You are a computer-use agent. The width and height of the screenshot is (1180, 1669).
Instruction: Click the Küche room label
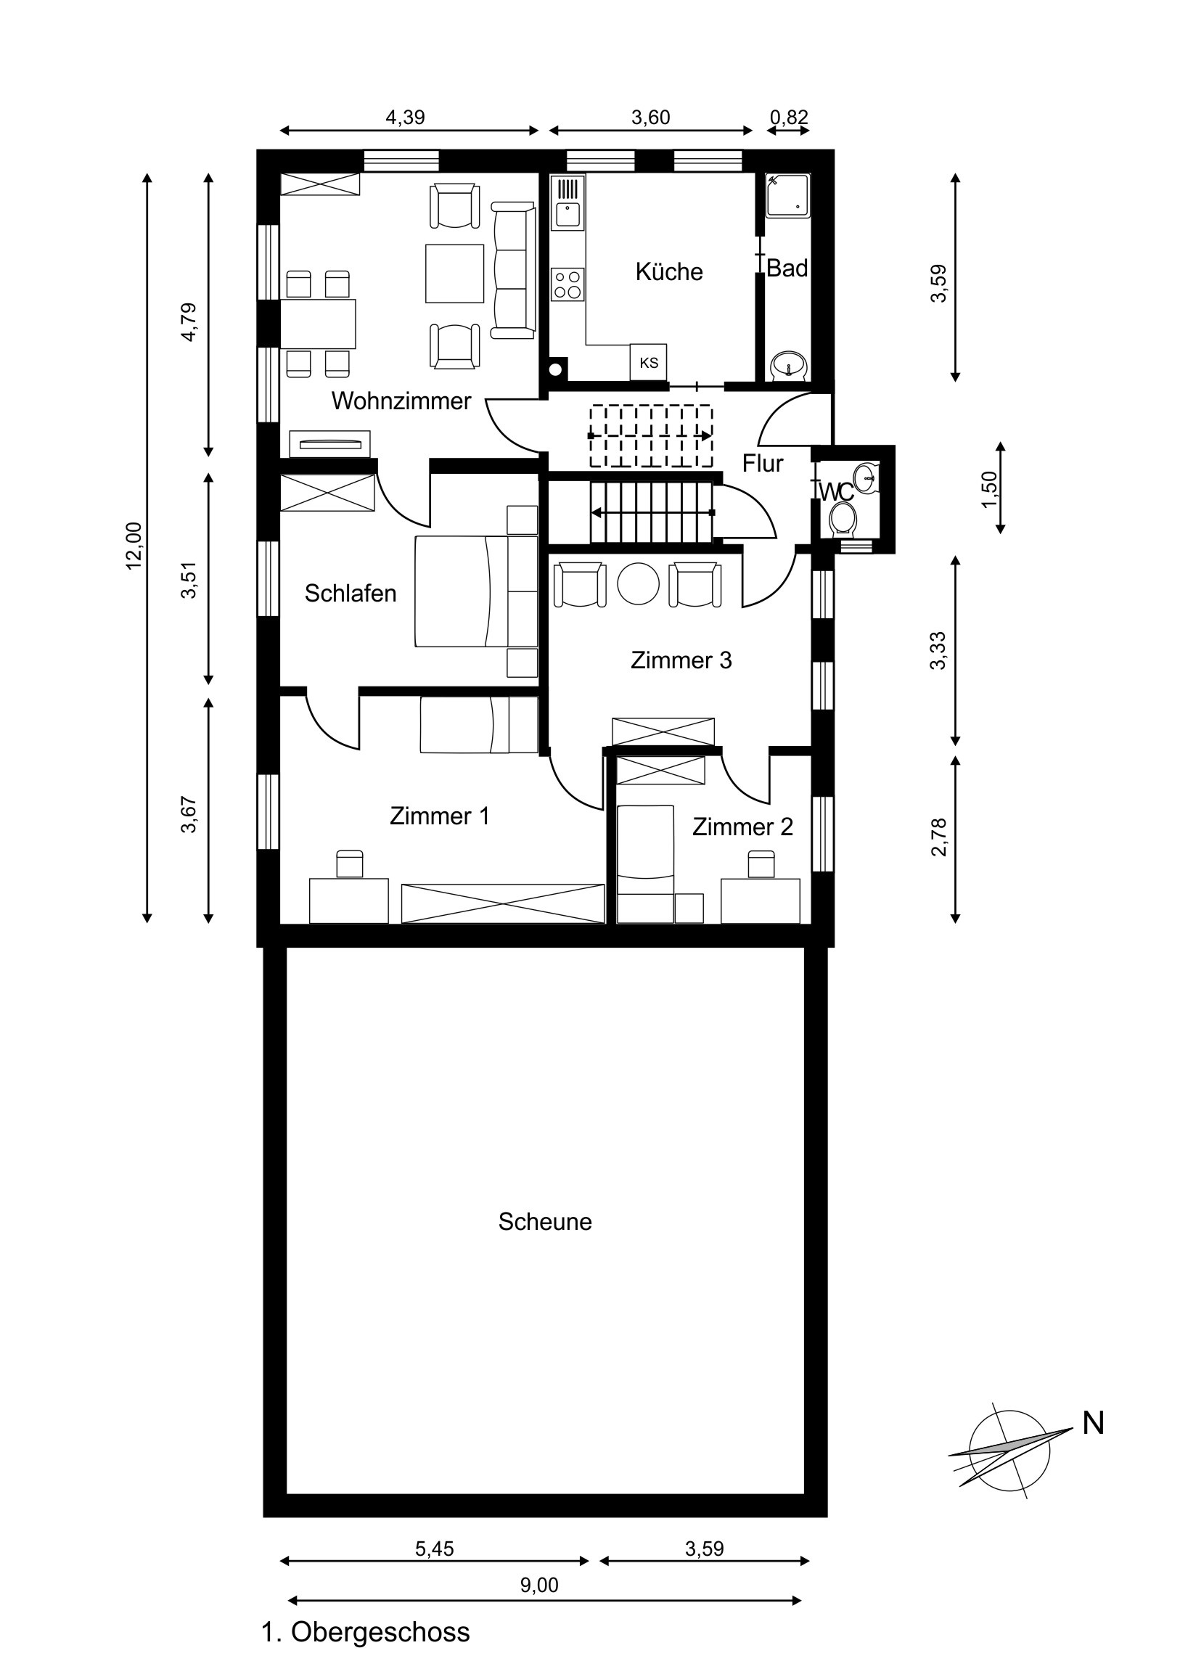[x=669, y=272]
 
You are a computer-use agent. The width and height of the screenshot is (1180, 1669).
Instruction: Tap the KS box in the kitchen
[x=649, y=361]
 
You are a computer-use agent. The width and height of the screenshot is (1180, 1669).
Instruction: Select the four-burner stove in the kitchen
[x=568, y=284]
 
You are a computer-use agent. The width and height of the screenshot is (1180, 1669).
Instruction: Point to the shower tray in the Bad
[x=788, y=194]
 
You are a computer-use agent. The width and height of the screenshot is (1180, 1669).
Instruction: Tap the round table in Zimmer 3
[x=639, y=583]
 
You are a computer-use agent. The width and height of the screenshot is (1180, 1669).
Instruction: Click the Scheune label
[x=545, y=1221]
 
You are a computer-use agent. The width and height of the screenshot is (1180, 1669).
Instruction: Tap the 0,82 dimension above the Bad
[x=789, y=117]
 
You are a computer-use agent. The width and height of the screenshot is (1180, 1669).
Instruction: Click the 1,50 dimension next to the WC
[x=991, y=490]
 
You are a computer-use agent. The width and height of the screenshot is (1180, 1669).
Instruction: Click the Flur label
[x=763, y=463]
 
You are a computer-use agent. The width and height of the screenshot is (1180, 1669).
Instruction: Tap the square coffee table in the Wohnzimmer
[x=454, y=274]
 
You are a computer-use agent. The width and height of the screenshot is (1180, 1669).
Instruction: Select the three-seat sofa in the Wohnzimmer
[x=513, y=270]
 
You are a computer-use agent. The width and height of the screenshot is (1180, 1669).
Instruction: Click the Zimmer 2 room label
[x=742, y=827]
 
